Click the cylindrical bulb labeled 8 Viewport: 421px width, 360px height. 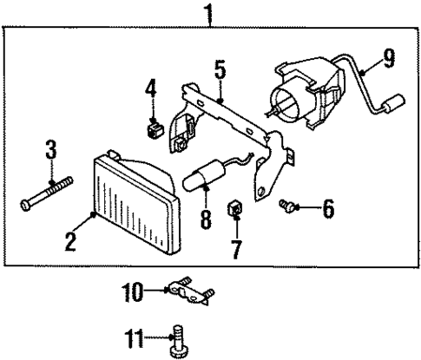pos(203,176)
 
